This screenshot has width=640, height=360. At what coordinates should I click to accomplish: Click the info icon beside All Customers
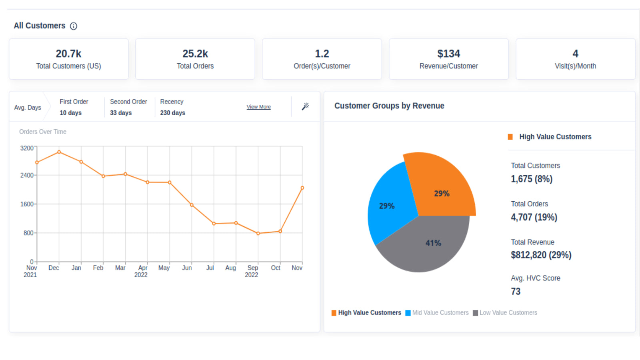click(74, 26)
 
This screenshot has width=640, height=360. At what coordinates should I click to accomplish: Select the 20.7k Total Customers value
click(68, 54)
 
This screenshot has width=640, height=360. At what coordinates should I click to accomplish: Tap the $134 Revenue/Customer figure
click(448, 54)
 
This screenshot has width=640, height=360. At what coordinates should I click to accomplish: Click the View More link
click(258, 107)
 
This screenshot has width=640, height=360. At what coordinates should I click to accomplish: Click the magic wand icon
click(305, 106)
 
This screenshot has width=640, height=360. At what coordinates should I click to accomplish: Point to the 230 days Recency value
click(172, 113)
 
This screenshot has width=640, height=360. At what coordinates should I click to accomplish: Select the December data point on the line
click(59, 152)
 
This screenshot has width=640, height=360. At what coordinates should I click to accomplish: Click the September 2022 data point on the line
click(258, 233)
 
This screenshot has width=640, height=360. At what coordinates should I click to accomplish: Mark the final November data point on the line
click(302, 188)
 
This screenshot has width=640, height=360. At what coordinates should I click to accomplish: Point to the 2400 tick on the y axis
click(27, 175)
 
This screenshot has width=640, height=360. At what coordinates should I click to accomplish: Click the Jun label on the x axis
click(187, 268)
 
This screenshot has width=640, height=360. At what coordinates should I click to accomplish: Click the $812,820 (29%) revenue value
click(541, 255)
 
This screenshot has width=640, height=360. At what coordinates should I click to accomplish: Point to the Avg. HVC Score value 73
click(516, 292)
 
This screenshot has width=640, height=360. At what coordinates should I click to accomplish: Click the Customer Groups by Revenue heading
click(389, 106)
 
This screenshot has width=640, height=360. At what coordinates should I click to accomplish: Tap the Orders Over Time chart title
click(43, 132)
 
